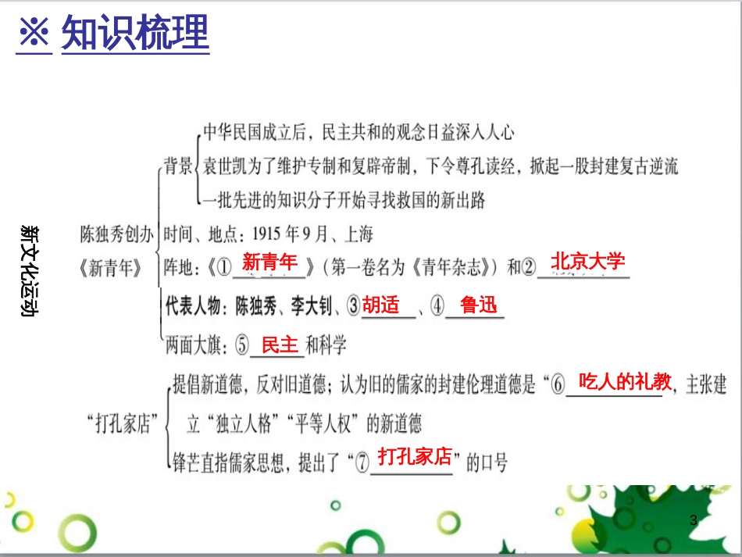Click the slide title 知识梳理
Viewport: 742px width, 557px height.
pyautogui.click(x=135, y=33)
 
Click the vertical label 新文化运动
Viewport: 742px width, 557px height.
pyautogui.click(x=31, y=270)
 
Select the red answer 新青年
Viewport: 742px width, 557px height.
pyautogui.click(x=269, y=262)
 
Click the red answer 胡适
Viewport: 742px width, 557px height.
pyautogui.click(x=380, y=305)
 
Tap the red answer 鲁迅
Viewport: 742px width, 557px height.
pyautogui.click(x=479, y=305)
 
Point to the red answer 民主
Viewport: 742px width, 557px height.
pyautogui.click(x=280, y=345)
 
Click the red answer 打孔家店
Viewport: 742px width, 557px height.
pyautogui.click(x=415, y=456)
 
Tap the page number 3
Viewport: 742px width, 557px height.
pyautogui.click(x=693, y=520)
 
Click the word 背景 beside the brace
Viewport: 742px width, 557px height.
pyautogui.click(x=177, y=165)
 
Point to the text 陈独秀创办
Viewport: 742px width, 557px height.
pyautogui.click(x=117, y=233)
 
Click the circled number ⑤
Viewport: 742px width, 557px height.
pyautogui.click(x=242, y=345)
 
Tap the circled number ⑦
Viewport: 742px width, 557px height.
pyautogui.click(x=361, y=463)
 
